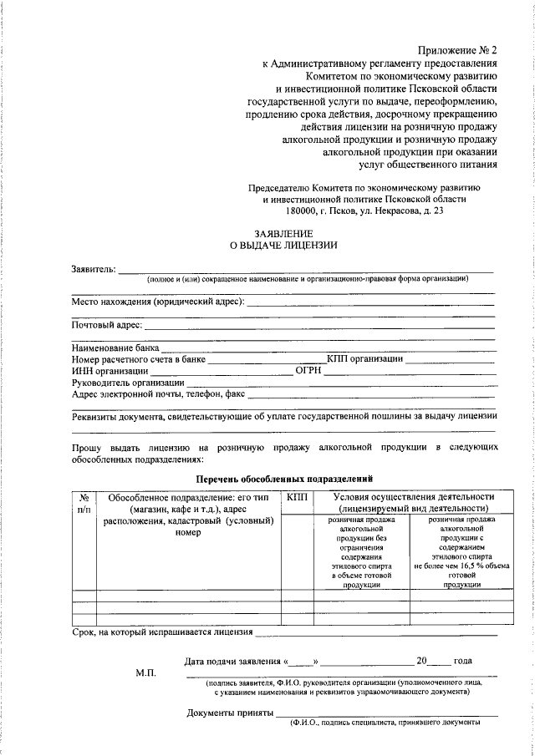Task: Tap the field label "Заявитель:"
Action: click(94, 270)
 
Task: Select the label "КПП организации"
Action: click(364, 359)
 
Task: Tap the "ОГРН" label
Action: click(308, 371)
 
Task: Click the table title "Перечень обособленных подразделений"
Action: click(283, 479)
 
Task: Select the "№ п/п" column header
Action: click(84, 502)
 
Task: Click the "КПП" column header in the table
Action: click(297, 497)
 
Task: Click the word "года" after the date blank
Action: click(463, 661)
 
